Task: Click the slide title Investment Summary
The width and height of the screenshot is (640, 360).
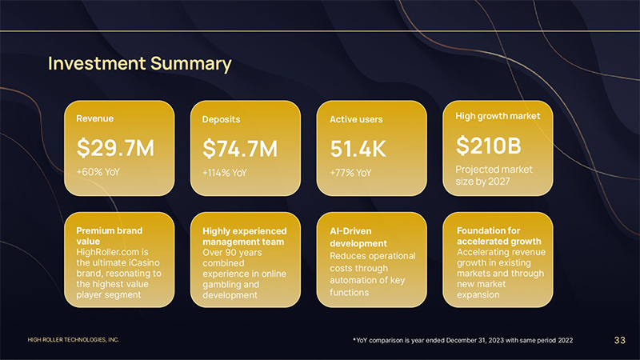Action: (140, 63)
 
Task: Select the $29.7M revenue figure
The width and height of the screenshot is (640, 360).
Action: (115, 147)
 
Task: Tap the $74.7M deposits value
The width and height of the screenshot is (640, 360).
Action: (240, 148)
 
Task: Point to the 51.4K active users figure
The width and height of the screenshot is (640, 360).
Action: (358, 149)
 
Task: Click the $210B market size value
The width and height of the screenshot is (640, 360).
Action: (489, 146)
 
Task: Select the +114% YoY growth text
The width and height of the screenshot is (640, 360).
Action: (225, 173)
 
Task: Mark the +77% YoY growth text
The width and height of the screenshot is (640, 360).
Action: (350, 173)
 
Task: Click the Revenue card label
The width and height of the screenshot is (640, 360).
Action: (94, 118)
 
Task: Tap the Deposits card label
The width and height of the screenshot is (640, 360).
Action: (222, 119)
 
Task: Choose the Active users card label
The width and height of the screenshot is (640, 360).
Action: (356, 119)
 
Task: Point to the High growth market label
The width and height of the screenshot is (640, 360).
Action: (498, 116)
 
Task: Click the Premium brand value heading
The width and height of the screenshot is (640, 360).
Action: (109, 236)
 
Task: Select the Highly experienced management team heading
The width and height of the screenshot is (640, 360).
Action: (244, 236)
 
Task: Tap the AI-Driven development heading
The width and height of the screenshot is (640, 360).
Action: (358, 237)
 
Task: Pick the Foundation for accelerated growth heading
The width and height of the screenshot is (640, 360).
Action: (498, 236)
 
